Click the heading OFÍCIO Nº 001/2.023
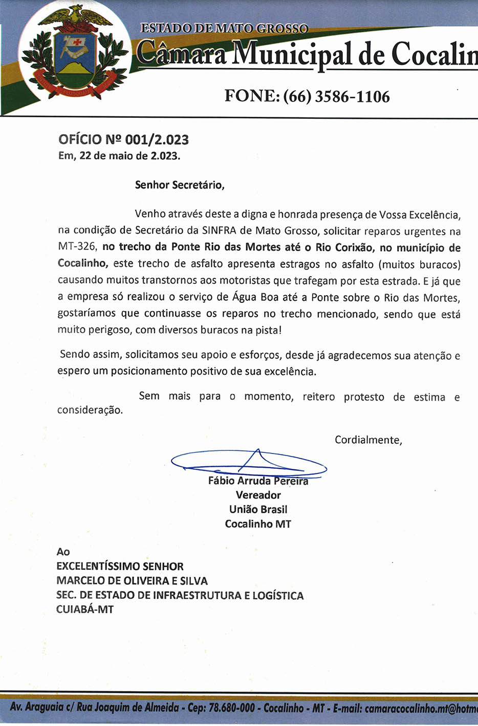coord(123,139)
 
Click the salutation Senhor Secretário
coord(179,185)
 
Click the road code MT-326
coord(77,247)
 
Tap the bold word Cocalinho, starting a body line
coord(82,264)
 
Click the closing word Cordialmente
coord(367,440)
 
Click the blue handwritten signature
coord(249,461)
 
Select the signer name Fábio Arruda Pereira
coord(258,481)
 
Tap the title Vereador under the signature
coord(258,495)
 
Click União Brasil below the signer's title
coord(258,509)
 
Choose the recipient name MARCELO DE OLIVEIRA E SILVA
coord(132,581)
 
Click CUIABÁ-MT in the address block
coord(85,610)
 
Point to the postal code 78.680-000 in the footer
coord(231,708)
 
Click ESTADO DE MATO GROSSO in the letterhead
coord(224,28)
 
